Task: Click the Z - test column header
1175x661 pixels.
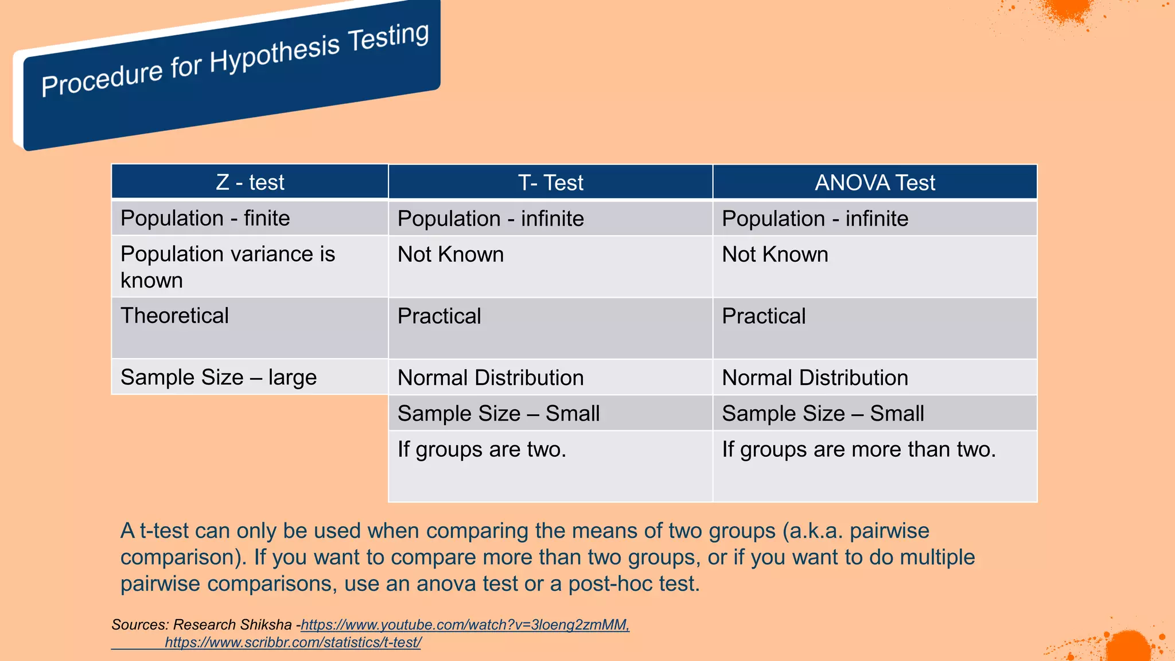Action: point(250,182)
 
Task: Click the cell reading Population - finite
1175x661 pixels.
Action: point(205,219)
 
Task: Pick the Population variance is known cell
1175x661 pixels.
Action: point(227,267)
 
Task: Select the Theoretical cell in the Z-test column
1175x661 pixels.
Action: point(174,316)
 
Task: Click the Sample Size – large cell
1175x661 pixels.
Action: point(218,378)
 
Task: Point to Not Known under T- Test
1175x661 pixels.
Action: point(450,255)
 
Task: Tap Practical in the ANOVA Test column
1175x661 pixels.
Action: point(763,316)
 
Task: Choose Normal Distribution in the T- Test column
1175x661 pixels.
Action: point(491,378)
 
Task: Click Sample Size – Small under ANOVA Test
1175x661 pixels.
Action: point(823,414)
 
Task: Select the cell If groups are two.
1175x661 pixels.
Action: point(481,449)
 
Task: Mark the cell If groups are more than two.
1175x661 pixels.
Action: point(858,449)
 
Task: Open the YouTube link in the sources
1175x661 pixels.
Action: point(465,625)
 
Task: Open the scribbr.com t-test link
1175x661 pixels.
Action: point(293,643)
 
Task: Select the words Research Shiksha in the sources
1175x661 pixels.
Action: point(232,625)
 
